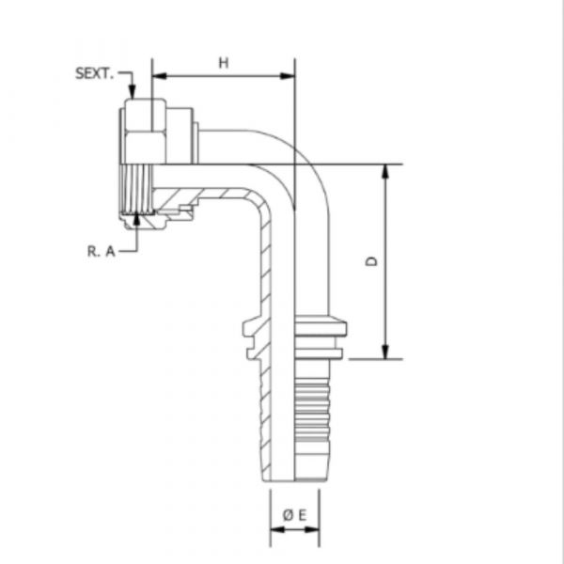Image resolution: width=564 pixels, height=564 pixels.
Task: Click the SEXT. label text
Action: [x=94, y=71]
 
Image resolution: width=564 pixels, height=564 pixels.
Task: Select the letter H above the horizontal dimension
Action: [x=224, y=62]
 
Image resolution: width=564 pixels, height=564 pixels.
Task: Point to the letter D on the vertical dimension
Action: [x=372, y=262]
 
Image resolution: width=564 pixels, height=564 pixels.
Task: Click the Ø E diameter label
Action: [x=293, y=514]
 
